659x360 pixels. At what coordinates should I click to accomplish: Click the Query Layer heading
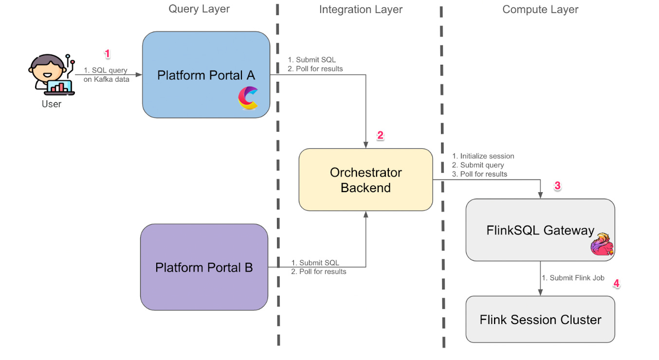click(x=199, y=9)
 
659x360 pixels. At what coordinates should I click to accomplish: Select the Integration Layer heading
click(x=361, y=9)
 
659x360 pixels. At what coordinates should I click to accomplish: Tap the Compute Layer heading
click(x=540, y=9)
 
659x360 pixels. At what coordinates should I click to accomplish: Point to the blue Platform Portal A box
click(x=206, y=74)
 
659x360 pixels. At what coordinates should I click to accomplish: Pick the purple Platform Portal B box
click(x=204, y=267)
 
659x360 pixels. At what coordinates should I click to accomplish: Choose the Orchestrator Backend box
click(x=366, y=180)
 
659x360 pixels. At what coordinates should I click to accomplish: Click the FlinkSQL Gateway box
click(x=540, y=230)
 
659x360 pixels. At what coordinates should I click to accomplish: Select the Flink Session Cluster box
click(x=540, y=320)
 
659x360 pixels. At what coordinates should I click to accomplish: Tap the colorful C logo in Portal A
click(x=248, y=98)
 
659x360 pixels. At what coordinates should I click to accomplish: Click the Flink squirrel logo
click(x=602, y=245)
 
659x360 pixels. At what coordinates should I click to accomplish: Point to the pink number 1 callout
click(x=108, y=54)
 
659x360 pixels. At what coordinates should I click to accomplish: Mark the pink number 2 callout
click(x=381, y=136)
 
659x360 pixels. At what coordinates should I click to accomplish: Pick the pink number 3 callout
click(x=558, y=186)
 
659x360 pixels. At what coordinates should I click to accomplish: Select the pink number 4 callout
click(x=616, y=284)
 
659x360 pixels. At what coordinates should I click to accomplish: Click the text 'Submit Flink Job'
click(x=573, y=278)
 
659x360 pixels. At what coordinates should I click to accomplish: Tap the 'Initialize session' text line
click(x=483, y=156)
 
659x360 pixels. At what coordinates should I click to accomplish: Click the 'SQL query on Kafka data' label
click(x=106, y=75)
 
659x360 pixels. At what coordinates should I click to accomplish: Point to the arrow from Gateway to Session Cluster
click(x=540, y=278)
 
